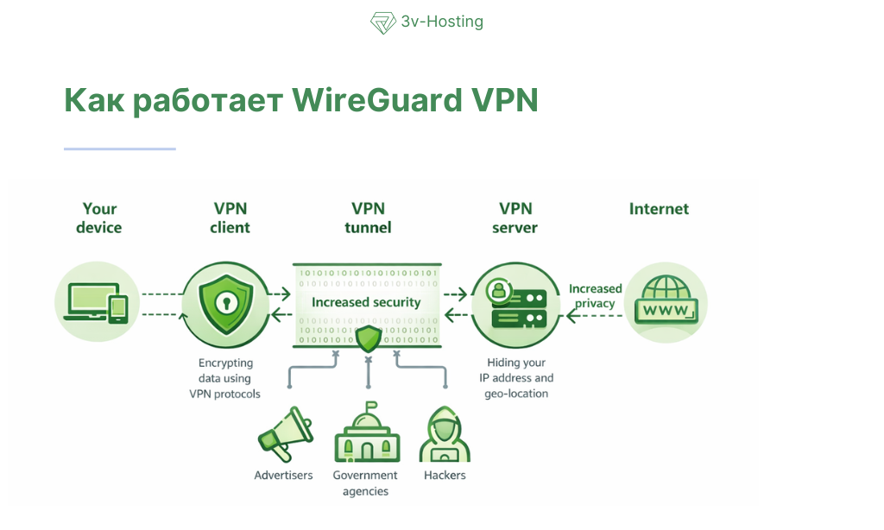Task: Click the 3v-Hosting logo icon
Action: (x=382, y=22)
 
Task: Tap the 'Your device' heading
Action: (x=99, y=218)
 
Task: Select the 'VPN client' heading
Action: (x=230, y=218)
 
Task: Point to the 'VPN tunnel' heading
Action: (x=368, y=218)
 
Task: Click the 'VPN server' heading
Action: (x=515, y=218)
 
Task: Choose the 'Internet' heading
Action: (x=659, y=209)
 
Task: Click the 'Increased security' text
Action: (x=366, y=302)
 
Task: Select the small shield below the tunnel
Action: (x=369, y=339)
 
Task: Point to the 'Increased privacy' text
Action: (x=595, y=296)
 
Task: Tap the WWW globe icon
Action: (x=666, y=303)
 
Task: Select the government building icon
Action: (x=366, y=435)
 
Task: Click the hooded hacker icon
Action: (x=445, y=435)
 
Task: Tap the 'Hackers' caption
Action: (x=445, y=476)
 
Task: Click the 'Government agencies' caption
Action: (x=365, y=483)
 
